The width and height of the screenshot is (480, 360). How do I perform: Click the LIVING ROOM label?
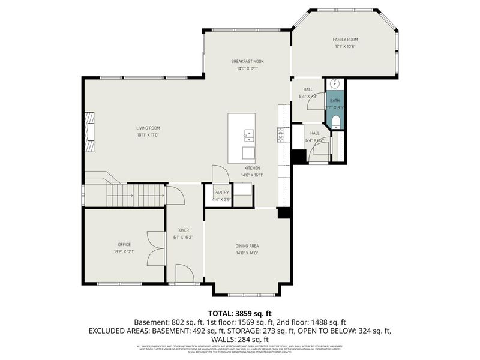tap(148, 128)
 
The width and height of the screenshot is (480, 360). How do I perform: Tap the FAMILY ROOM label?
tap(345, 40)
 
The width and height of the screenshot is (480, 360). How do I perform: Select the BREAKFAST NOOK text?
tap(247, 61)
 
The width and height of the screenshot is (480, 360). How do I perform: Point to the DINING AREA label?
tap(247, 246)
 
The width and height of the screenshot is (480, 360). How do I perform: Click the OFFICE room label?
tap(124, 244)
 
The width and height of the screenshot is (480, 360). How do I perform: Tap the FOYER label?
tap(183, 230)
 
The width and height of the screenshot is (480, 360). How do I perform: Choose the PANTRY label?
tap(222, 193)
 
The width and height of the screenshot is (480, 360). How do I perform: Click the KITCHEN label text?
tap(251, 169)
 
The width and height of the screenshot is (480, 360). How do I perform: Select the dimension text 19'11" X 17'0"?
tap(148, 135)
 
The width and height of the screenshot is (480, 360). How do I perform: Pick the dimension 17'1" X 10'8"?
tap(345, 47)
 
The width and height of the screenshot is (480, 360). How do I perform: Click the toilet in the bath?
tap(335, 123)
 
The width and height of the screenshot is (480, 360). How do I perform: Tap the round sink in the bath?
tap(335, 84)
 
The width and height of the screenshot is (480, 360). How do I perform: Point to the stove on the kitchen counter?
tap(280, 135)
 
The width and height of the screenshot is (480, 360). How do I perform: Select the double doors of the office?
tap(156, 248)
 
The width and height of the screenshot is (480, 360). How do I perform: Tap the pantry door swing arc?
tap(220, 174)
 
